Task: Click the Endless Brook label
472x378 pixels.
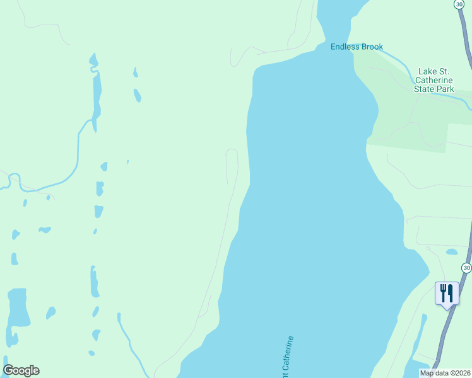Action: coord(357,47)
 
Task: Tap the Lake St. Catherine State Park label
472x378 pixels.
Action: coord(434,81)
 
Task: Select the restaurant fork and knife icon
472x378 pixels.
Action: coord(447,294)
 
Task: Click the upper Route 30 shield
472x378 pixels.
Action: coord(459,4)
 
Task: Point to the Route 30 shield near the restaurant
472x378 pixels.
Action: coord(466,268)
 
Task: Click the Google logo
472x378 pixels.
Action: coord(21,370)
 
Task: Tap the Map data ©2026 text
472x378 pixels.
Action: coord(444,373)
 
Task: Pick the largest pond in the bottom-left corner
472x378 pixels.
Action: coord(18,307)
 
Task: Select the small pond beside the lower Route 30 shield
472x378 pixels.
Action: coord(452,252)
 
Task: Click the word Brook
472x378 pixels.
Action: coord(372,47)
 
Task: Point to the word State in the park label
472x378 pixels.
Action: coord(425,89)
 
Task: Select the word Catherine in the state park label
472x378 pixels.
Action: coord(434,81)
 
